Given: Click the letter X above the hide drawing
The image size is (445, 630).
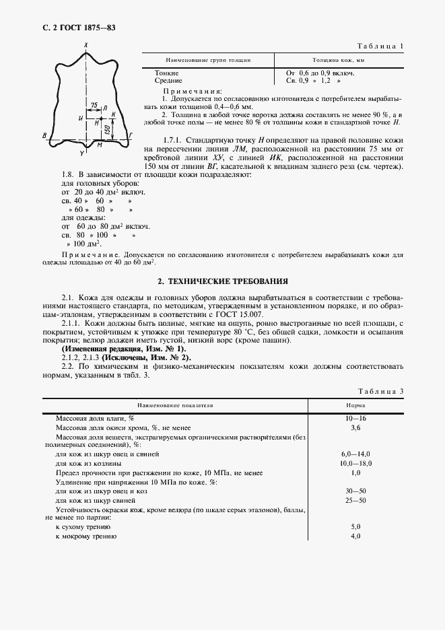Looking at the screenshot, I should point(86,44).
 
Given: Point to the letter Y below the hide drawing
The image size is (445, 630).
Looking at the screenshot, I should point(82,154).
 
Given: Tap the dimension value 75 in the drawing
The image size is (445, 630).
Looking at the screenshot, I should point(94,106).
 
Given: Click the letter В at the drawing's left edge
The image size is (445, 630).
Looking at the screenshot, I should point(44,136).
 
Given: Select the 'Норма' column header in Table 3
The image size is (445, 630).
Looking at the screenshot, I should point(356,407).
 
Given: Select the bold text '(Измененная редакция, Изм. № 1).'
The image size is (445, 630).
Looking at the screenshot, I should point(123,349).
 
